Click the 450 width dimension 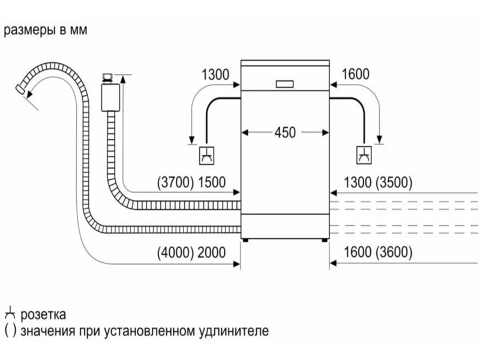click(285, 133)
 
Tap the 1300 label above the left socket click(215, 74)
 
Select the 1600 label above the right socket click(355, 74)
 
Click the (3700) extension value click(175, 182)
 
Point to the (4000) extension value click(176, 252)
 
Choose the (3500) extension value click(393, 182)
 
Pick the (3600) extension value click(393, 252)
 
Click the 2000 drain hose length click(212, 252)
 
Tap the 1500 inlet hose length click(212, 182)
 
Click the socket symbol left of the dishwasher click(206, 155)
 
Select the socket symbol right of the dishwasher click(364, 155)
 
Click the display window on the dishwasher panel click(284, 84)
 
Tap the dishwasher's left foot click(245, 241)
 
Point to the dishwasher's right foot click(325, 241)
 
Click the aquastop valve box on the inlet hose click(110, 97)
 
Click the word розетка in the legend click(43, 314)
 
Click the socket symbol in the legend click(10, 313)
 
